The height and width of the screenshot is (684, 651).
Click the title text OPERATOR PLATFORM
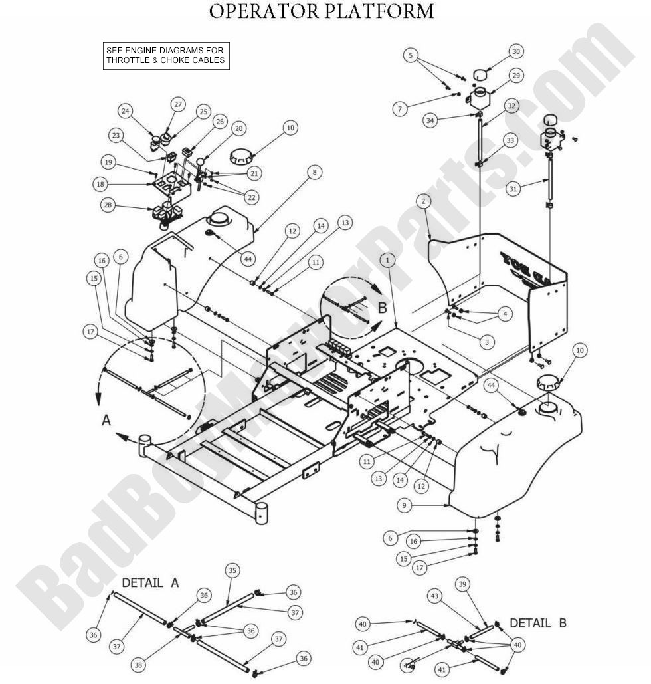point(322,11)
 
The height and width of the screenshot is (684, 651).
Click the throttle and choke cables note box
point(165,56)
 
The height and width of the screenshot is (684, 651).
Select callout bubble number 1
point(386,260)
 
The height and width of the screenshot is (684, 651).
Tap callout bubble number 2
point(423,201)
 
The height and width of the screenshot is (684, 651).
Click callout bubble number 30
point(515,51)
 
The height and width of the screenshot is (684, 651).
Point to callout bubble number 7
point(399,108)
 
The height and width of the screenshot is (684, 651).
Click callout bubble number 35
point(232,570)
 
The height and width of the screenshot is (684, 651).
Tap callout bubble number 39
point(463,584)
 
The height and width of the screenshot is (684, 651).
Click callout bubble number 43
point(434,598)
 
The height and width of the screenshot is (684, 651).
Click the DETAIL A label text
point(150,583)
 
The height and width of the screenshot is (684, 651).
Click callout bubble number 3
point(486,342)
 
